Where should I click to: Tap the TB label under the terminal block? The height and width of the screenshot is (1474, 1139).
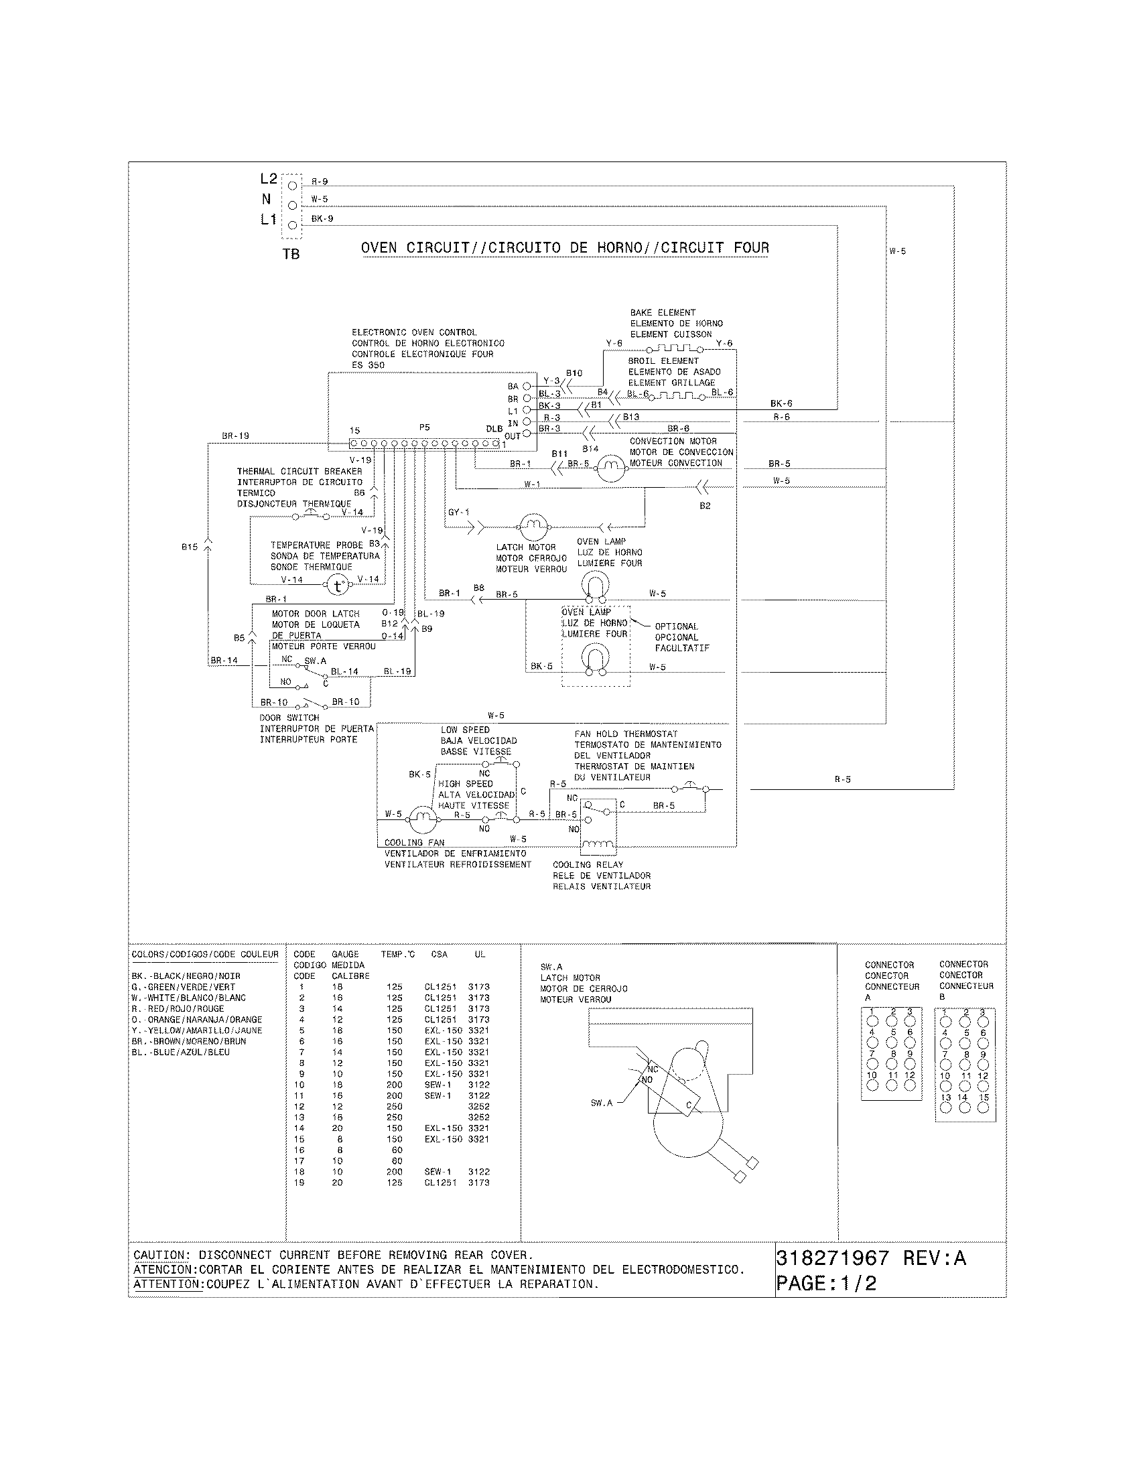[291, 255]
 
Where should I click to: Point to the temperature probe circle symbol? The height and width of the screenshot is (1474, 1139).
[338, 586]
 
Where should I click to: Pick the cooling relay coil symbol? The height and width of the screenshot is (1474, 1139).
[598, 844]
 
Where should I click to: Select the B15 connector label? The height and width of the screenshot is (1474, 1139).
[190, 547]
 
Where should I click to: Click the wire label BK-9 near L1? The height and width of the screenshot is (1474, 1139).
[322, 218]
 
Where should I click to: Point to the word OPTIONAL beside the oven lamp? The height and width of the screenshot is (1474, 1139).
[676, 626]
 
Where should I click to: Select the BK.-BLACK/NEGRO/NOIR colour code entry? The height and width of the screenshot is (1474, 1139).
[186, 976]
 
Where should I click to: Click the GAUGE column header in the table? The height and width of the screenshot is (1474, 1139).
[345, 954]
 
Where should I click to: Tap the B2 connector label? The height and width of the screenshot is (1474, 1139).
[704, 505]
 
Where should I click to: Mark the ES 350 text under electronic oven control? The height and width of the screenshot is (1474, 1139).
[368, 365]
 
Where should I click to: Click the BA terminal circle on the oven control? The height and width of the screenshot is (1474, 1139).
[527, 386]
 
